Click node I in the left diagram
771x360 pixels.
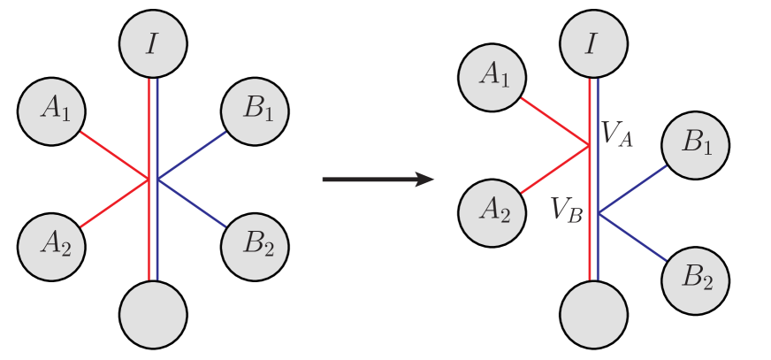click(x=153, y=44)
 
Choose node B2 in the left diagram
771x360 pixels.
click(x=255, y=241)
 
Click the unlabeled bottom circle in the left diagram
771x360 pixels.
click(x=153, y=313)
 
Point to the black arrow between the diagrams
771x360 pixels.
click(x=377, y=180)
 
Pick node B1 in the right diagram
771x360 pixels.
click(x=697, y=143)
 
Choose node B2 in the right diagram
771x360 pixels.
click(x=697, y=280)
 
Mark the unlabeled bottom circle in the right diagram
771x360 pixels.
click(x=594, y=313)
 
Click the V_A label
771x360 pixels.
click(x=617, y=134)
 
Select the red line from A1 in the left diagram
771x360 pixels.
click(x=115, y=157)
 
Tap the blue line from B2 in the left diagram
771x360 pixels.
click(x=190, y=202)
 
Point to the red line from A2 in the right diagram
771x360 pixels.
click(x=555, y=169)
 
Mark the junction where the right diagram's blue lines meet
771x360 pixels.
click(x=599, y=213)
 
